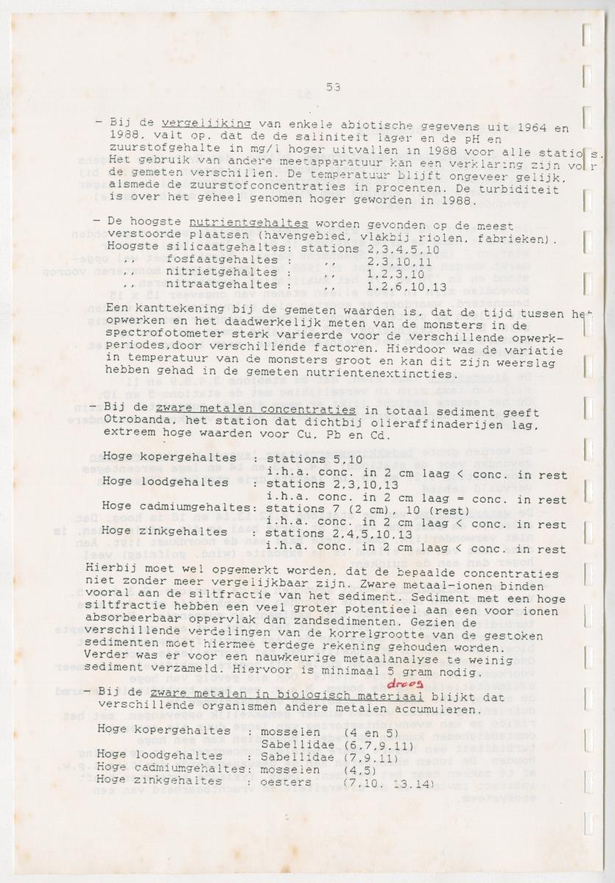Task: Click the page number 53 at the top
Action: tap(333, 87)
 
